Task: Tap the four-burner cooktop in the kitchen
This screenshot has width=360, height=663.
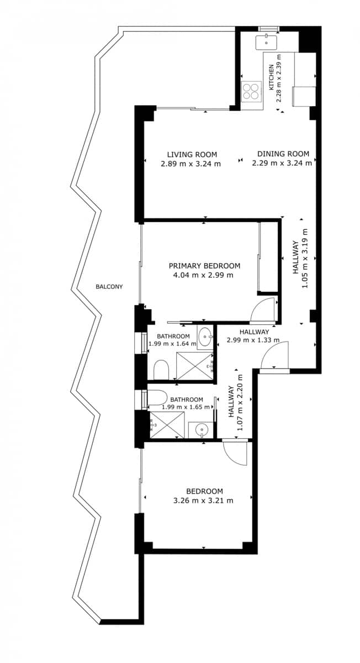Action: click(251, 91)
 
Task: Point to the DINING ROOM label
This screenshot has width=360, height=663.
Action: click(283, 154)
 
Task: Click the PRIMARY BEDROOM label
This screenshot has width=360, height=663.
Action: click(204, 266)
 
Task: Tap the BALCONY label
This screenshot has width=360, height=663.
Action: click(109, 287)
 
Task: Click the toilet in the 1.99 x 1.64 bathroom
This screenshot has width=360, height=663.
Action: click(161, 369)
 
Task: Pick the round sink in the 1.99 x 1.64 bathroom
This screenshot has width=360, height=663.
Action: click(205, 336)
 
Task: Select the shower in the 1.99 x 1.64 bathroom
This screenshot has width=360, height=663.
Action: click(194, 366)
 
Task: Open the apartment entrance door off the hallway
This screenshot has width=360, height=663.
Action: click(276, 356)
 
